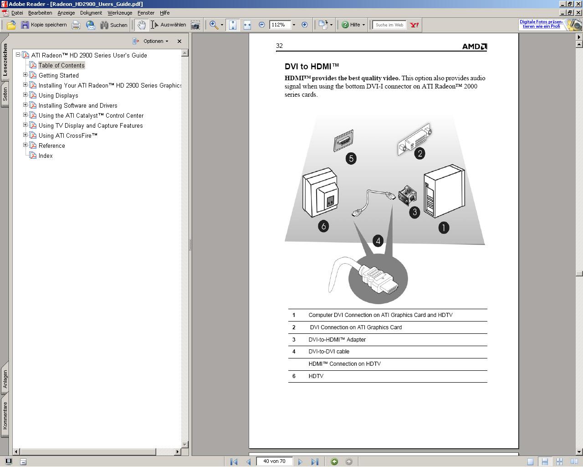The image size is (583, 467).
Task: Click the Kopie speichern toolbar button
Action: [x=44, y=25]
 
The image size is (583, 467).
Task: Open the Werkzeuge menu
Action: [x=120, y=13]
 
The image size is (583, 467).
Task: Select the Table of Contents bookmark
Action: [x=61, y=65]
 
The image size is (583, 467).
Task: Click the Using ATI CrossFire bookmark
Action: [x=68, y=136]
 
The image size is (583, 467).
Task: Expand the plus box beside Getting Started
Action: [x=25, y=75]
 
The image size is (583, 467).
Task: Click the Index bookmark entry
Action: [x=46, y=156]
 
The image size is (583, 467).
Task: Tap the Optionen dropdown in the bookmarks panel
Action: [x=153, y=41]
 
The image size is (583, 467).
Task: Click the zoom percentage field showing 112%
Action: [x=280, y=25]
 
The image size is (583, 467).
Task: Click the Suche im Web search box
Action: [x=389, y=25]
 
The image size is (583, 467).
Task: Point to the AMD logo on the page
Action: [x=474, y=47]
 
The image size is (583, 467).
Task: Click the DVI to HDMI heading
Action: [x=312, y=67]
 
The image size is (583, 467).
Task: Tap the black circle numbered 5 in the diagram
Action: [x=351, y=158]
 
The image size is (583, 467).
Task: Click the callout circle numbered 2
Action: [x=419, y=154]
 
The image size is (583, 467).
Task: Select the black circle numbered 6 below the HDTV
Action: [x=323, y=226]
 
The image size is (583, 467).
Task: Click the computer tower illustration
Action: [x=444, y=191]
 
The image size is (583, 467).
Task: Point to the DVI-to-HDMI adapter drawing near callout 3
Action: [x=407, y=196]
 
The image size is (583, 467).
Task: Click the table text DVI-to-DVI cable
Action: [x=329, y=352]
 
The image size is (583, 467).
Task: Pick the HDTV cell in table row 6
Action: [x=316, y=376]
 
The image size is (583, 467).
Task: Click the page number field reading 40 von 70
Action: [x=274, y=462]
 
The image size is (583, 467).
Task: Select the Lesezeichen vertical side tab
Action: [x=5, y=60]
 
